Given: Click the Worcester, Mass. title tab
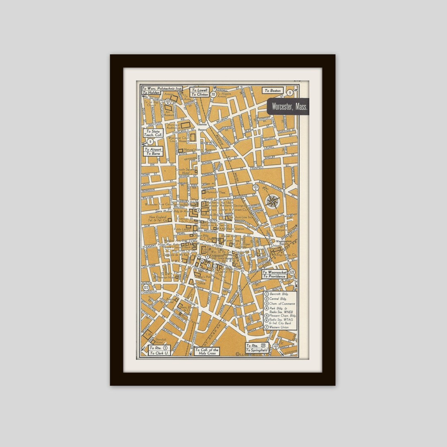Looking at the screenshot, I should tap(289, 106).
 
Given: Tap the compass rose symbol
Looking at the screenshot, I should tap(273, 202).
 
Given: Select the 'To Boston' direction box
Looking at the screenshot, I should tap(273, 91).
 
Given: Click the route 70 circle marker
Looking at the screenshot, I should tap(213, 94).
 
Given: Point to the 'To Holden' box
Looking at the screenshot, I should tap(151, 93).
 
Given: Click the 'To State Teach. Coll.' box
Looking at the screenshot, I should tap(152, 133).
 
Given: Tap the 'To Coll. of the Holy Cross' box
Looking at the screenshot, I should tap(207, 351).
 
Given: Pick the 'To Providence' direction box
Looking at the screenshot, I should tap(274, 276).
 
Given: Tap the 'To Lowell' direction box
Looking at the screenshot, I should tap(199, 90).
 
